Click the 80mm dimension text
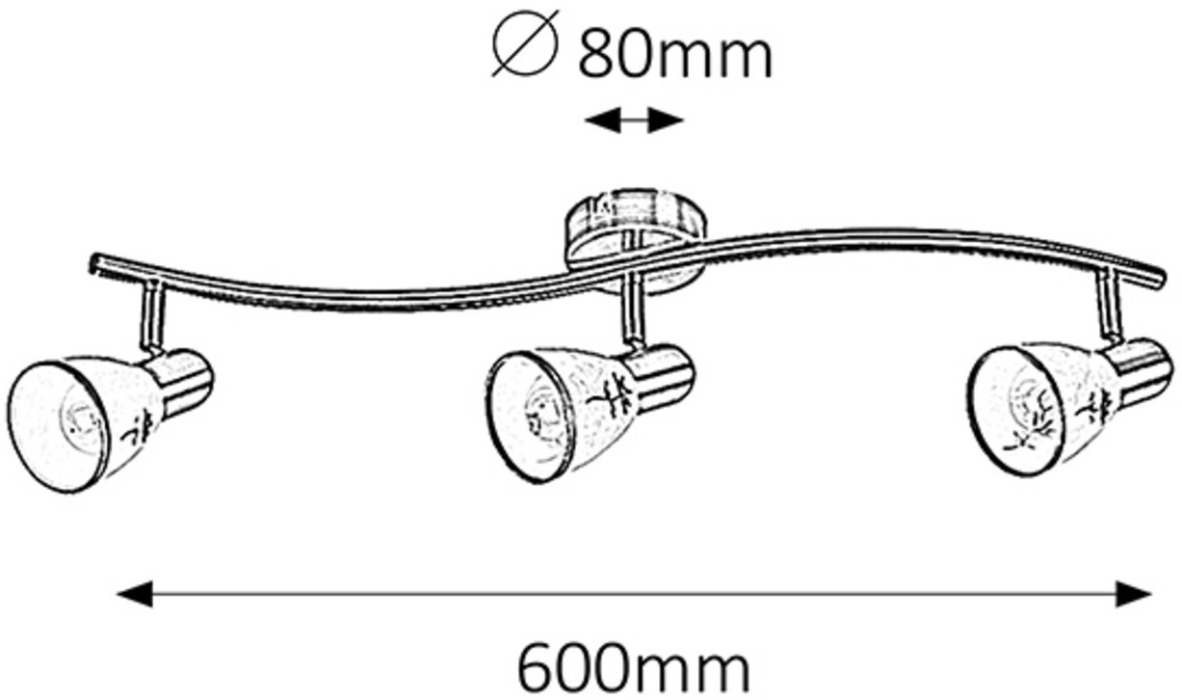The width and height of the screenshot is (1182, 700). click(674, 56)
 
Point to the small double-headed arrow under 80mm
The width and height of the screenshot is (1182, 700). click(634, 121)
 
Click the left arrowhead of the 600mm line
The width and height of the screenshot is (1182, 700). click(135, 594)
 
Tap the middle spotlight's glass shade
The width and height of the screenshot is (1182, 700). click(559, 410)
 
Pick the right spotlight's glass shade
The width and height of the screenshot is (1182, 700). click(1040, 405)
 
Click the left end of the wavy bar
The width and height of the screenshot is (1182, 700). click(96, 262)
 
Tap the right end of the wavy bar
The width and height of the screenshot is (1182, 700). click(1156, 280)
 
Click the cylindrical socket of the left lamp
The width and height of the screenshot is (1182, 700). click(183, 381)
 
